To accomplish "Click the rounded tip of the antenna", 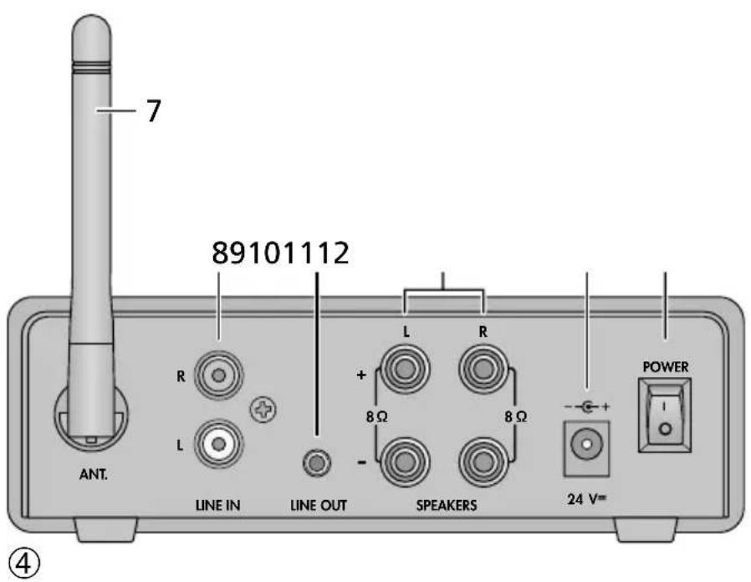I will pos(90,33).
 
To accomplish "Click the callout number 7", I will pos(152,111).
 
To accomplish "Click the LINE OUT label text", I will pos(317,506).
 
